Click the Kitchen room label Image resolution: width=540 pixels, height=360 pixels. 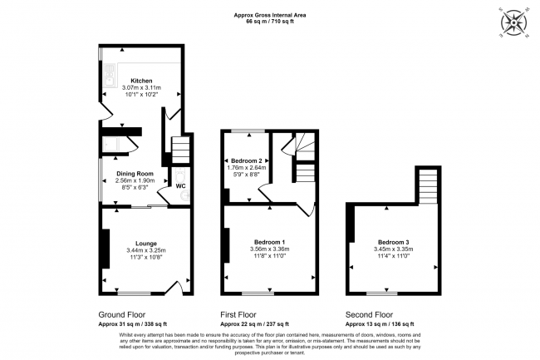pyautogui.click(x=141, y=81)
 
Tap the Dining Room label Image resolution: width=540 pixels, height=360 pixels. pyautogui.click(x=135, y=174)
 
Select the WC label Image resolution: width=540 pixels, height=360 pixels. pyautogui.click(x=179, y=186)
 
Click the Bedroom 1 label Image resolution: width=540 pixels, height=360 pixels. pyautogui.click(x=268, y=240)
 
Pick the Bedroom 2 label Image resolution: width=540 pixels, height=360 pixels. pyautogui.click(x=247, y=160)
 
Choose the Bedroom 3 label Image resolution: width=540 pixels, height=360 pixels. pyautogui.click(x=394, y=243)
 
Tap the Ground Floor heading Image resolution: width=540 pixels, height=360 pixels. pyautogui.click(x=123, y=315)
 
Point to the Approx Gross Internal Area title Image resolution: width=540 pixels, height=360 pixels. pyautogui.click(x=270, y=13)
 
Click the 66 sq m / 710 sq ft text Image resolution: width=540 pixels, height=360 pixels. pyautogui.click(x=270, y=21)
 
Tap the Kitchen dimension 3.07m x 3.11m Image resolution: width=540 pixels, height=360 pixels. pyautogui.click(x=141, y=88)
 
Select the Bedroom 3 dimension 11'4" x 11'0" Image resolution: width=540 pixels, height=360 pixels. pyautogui.click(x=394, y=257)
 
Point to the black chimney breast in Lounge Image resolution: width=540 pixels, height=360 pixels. pyautogui.click(x=104, y=248)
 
